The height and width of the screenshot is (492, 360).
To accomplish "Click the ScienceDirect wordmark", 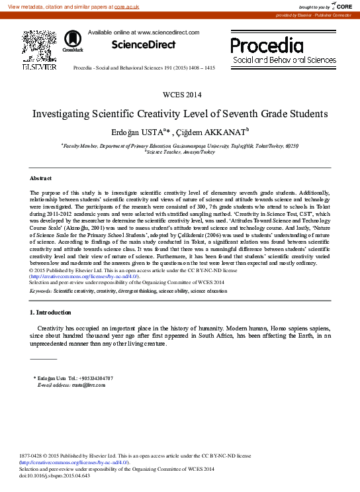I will click(144, 45).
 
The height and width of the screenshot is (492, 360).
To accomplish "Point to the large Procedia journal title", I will click(267, 46).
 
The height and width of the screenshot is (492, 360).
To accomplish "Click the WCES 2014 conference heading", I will click(180, 95).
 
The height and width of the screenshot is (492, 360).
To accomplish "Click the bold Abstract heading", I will click(41, 179).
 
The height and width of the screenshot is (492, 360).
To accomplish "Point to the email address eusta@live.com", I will click(79, 384).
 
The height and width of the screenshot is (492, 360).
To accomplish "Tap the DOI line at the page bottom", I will click(54, 475).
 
